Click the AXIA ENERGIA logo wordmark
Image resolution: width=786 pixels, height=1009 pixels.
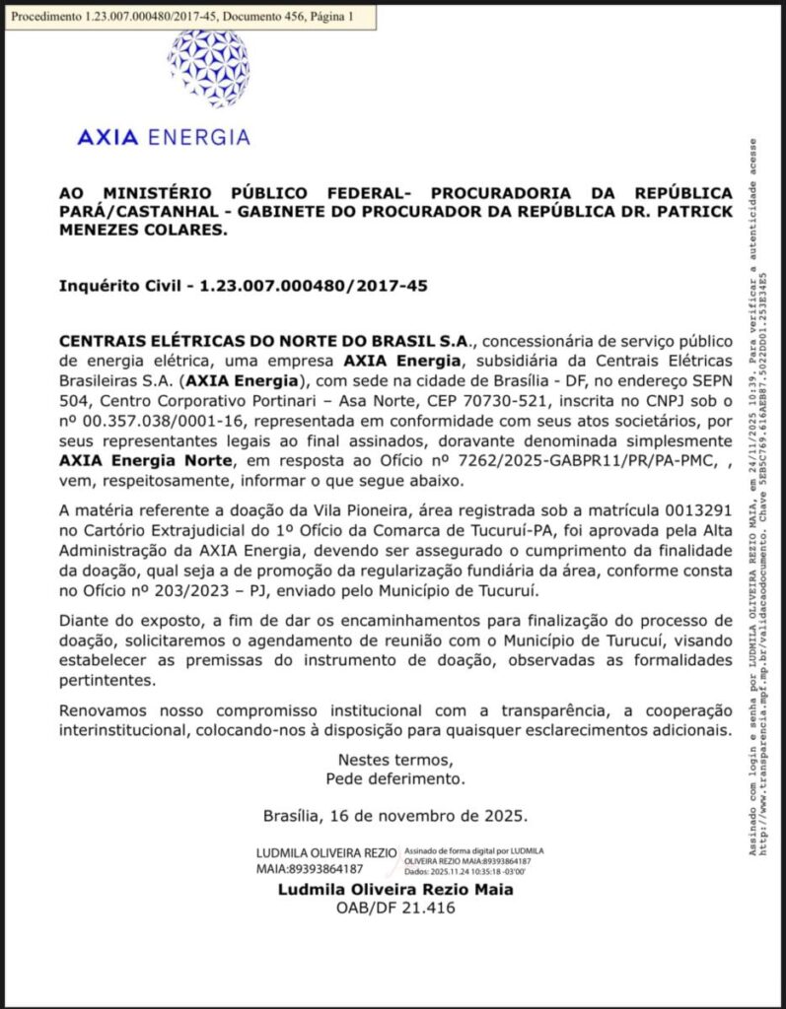coord(163,137)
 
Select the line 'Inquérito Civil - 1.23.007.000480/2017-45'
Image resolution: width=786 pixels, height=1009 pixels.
coord(244,286)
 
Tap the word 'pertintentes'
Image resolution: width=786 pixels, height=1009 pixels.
coord(109,680)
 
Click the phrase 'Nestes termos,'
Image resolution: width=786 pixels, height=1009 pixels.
coord(395,760)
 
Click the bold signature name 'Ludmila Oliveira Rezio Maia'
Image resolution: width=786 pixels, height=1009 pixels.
coord(395,889)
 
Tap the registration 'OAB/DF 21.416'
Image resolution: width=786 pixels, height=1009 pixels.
coord(395,908)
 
